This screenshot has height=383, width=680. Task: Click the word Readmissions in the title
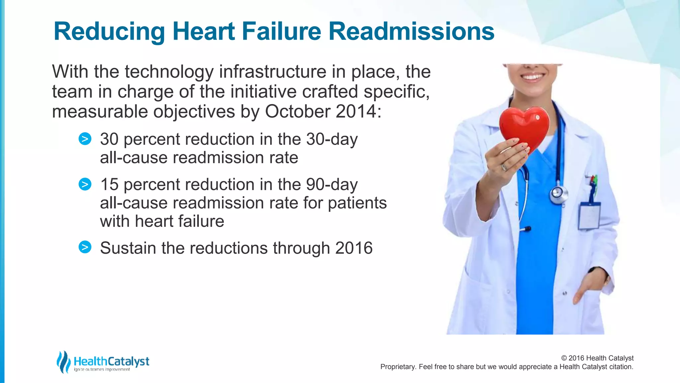411,31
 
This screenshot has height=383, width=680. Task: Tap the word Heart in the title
204,31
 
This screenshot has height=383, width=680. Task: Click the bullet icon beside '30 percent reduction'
85,139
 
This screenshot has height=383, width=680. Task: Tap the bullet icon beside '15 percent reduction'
85,184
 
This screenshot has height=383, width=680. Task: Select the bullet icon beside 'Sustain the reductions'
85,247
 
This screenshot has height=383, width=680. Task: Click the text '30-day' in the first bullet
332,139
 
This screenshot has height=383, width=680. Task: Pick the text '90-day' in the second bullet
332,185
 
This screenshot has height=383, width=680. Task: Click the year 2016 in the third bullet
354,248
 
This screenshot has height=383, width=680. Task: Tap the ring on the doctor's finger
504,167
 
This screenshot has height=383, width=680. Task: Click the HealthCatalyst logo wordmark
111,361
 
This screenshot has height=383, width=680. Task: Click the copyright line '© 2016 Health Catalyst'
597,358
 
